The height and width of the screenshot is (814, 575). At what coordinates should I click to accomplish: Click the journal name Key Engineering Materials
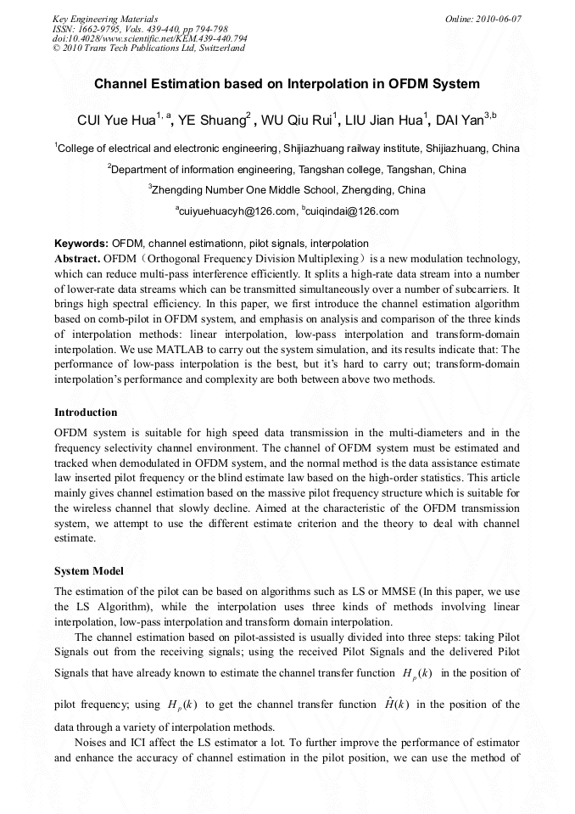[x=105, y=19]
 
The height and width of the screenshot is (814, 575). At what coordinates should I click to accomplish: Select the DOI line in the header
[x=149, y=38]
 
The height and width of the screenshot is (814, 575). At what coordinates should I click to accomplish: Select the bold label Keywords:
[x=81, y=244]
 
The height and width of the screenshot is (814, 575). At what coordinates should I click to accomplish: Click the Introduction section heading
[x=86, y=413]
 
